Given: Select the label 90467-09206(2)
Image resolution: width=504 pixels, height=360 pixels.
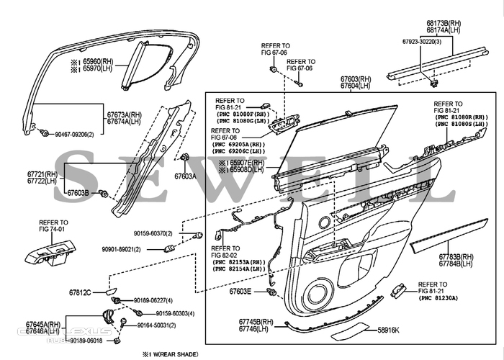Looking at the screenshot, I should pyautogui.click(x=74, y=135).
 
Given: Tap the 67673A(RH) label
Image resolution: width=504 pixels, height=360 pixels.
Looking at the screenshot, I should pyautogui.click(x=125, y=115).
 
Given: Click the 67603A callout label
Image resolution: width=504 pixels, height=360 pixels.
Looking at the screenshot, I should pyautogui.click(x=185, y=175).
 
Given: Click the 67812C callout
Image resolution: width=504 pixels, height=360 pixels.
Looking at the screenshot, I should pyautogui.click(x=80, y=293).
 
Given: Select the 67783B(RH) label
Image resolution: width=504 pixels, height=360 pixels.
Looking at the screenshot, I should pyautogui.click(x=456, y=257).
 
